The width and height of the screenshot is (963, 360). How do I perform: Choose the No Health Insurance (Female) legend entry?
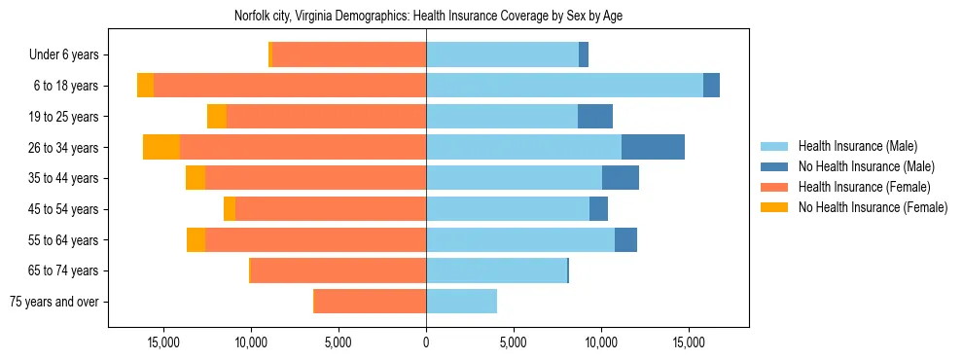873,207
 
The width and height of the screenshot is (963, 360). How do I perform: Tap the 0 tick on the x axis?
426,342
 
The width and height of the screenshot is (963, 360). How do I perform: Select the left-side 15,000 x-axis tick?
163,342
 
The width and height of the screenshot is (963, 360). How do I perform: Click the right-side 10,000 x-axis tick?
601,342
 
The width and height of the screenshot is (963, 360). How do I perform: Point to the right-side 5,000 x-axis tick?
514,342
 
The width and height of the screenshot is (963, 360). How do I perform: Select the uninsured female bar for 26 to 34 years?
161,147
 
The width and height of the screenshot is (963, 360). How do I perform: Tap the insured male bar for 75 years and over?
461,302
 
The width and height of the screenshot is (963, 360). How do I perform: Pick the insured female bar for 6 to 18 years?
290,86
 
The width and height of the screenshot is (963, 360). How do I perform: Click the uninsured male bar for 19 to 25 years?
595,117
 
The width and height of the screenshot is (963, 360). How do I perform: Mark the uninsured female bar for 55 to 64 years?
196,239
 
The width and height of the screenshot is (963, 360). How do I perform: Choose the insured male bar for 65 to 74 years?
496,270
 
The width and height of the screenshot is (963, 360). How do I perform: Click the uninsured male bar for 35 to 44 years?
621,178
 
